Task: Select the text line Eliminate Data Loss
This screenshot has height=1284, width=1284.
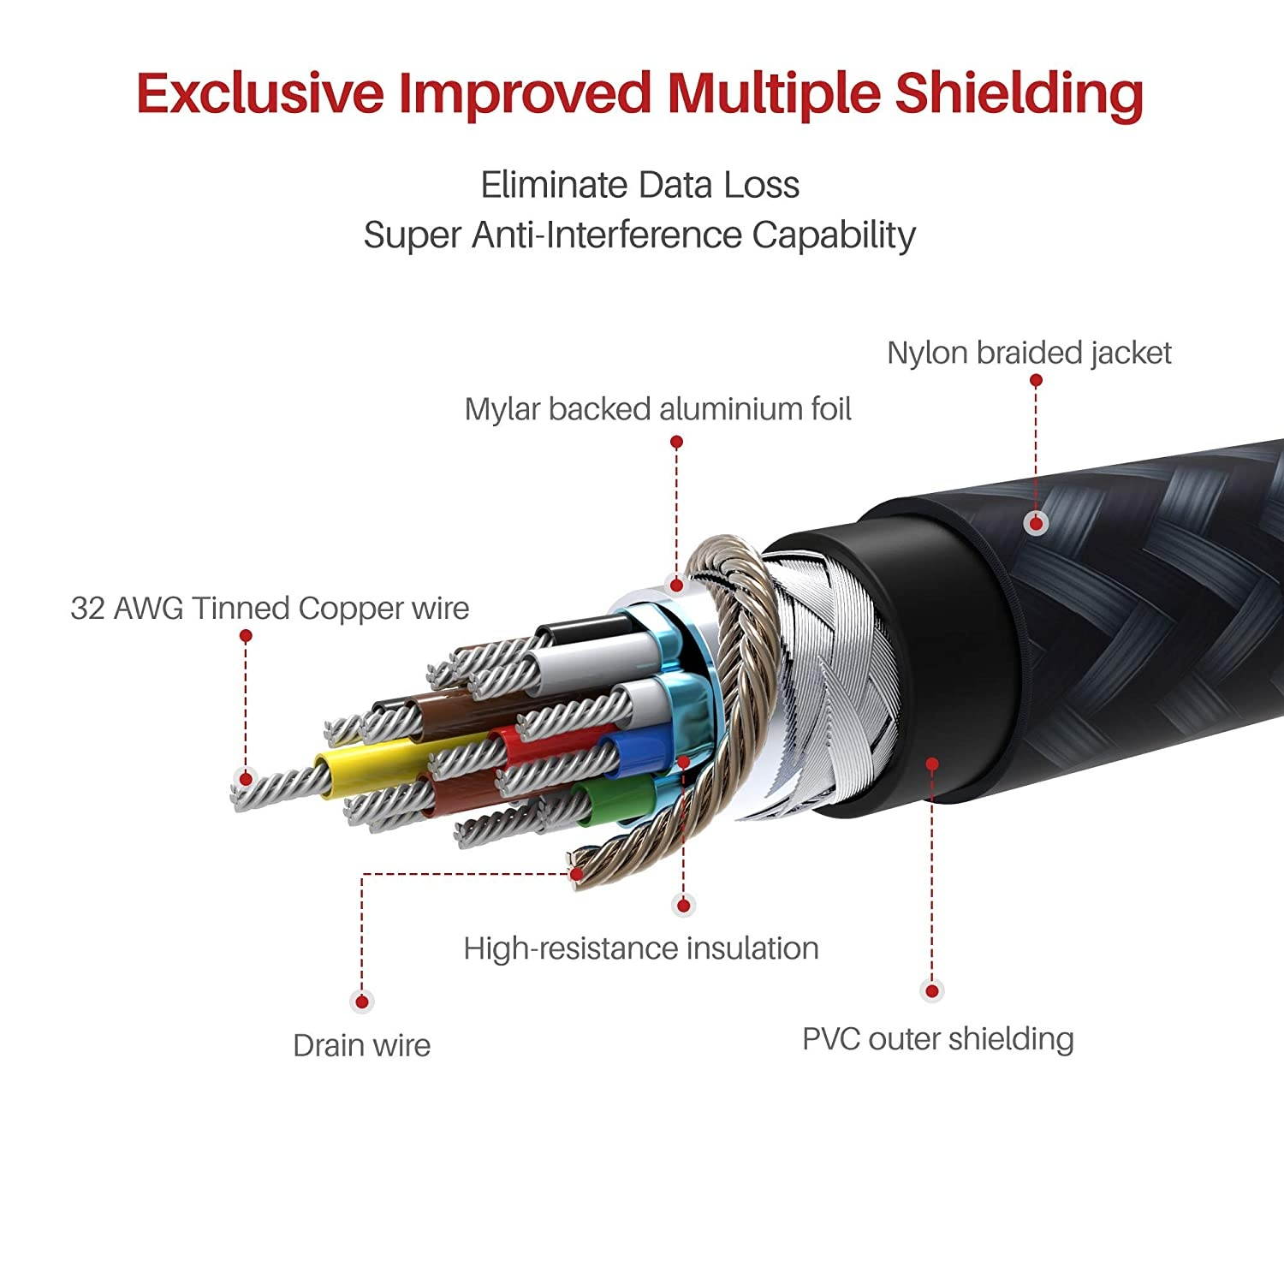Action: [x=639, y=185]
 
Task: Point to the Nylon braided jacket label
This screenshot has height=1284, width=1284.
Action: [x=1029, y=353]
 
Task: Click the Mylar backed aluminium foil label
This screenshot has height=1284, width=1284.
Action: [x=657, y=409]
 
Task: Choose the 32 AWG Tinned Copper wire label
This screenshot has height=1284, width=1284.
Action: [x=270, y=609]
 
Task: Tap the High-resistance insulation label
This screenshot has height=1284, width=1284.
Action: [x=640, y=948]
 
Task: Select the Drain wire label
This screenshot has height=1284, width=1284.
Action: [x=361, y=1045]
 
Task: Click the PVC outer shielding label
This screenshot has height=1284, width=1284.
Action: [x=937, y=1039]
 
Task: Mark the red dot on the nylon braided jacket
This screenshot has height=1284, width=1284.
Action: [x=1037, y=523]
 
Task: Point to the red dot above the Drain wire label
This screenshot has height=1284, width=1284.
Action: [x=362, y=1001]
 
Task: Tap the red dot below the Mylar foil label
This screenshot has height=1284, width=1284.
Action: [x=676, y=442]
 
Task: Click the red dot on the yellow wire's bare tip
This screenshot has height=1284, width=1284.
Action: [x=246, y=779]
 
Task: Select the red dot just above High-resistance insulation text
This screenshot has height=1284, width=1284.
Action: [x=683, y=904]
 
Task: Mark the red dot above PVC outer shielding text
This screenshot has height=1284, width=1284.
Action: [x=932, y=991]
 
